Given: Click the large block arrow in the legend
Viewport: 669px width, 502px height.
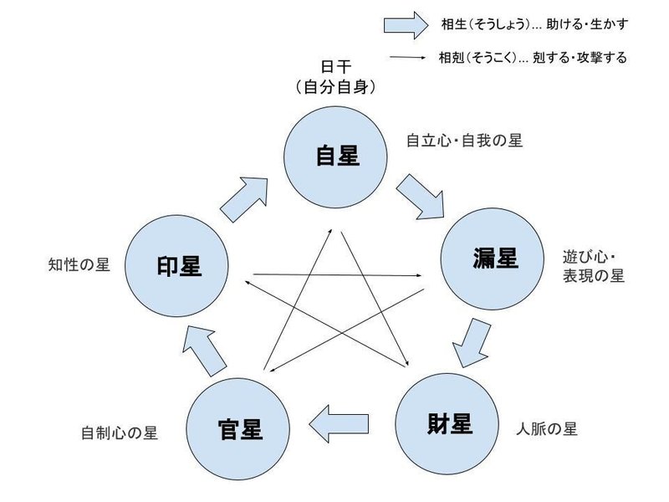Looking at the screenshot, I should click(x=406, y=23).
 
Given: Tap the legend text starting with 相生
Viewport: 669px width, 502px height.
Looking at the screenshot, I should click(x=534, y=24).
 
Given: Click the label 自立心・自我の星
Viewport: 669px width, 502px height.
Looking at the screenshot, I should click(x=464, y=141).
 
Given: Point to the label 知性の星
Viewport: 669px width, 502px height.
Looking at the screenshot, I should click(x=79, y=265).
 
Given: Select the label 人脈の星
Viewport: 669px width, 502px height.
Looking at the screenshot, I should click(x=547, y=430).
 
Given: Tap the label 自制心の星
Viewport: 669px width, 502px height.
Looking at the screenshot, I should click(x=120, y=433).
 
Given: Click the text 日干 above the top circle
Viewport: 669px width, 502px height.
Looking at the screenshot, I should click(x=334, y=67).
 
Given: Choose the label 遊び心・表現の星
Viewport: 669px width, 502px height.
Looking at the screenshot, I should click(x=594, y=266).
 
